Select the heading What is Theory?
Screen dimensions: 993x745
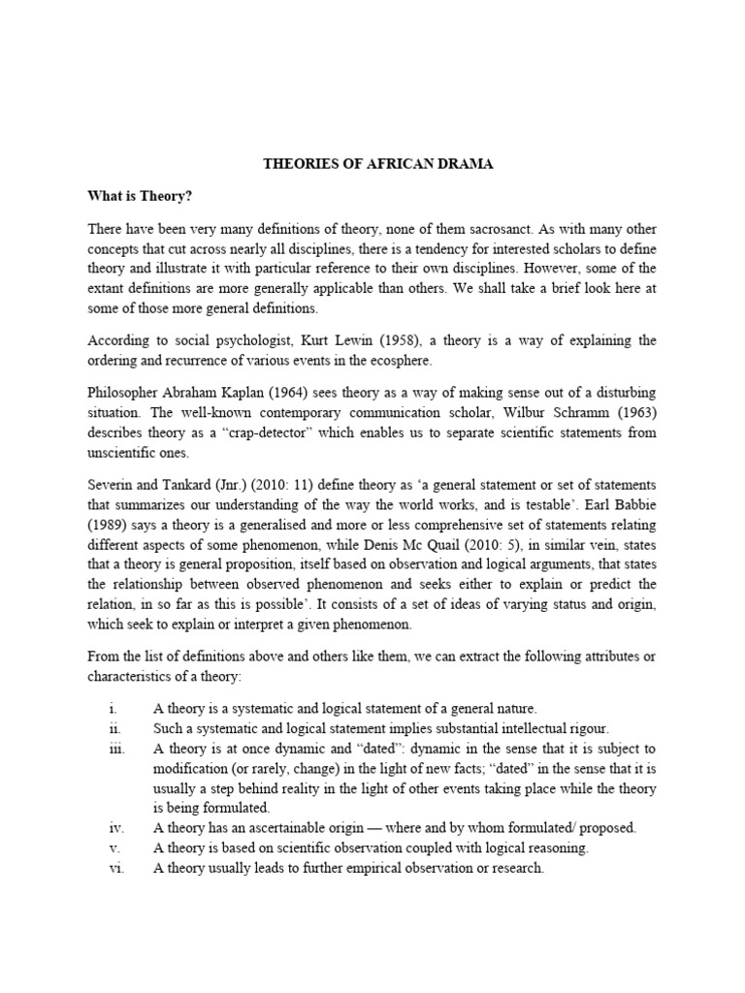point(141,197)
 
